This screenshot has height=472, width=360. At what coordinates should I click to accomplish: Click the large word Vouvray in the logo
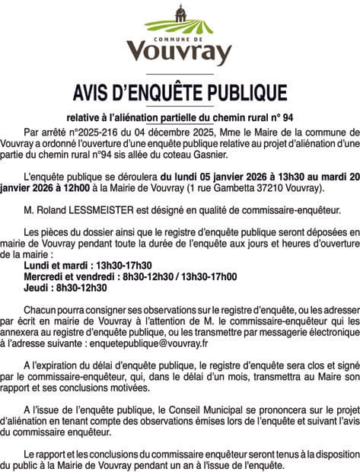pos(180,52)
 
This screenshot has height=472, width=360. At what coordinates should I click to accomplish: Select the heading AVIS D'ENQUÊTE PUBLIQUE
pos(180,93)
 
